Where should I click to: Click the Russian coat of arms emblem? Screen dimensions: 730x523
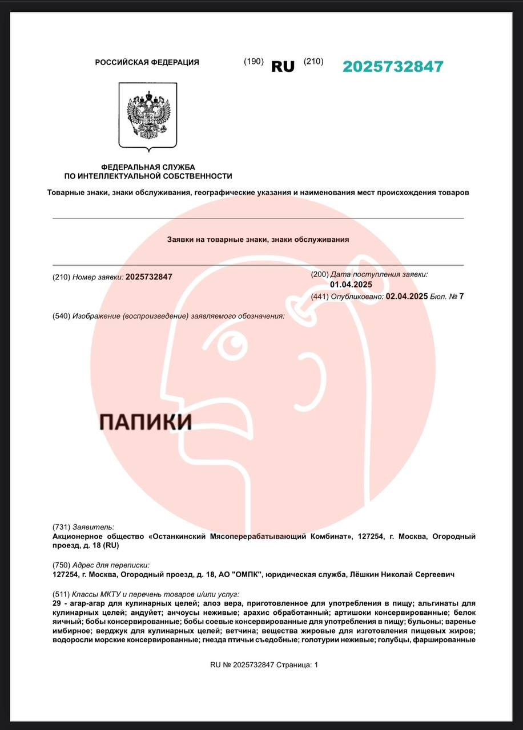[x=148, y=116]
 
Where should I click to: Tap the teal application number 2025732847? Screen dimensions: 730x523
[x=393, y=67]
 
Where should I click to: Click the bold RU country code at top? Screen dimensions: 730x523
[x=283, y=67]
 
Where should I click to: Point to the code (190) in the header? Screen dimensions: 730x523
[x=254, y=62]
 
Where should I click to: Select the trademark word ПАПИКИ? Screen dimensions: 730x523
[x=145, y=422]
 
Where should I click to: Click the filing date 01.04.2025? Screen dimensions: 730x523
[x=351, y=285]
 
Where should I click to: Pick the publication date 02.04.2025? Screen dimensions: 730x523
[x=407, y=296]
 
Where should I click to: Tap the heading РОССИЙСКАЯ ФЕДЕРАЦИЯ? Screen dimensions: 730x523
[x=147, y=62]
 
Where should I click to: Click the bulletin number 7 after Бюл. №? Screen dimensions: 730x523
[x=461, y=296]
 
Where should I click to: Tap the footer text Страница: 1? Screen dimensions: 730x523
[x=297, y=665]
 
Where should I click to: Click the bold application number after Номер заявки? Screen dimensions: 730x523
[x=148, y=277]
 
